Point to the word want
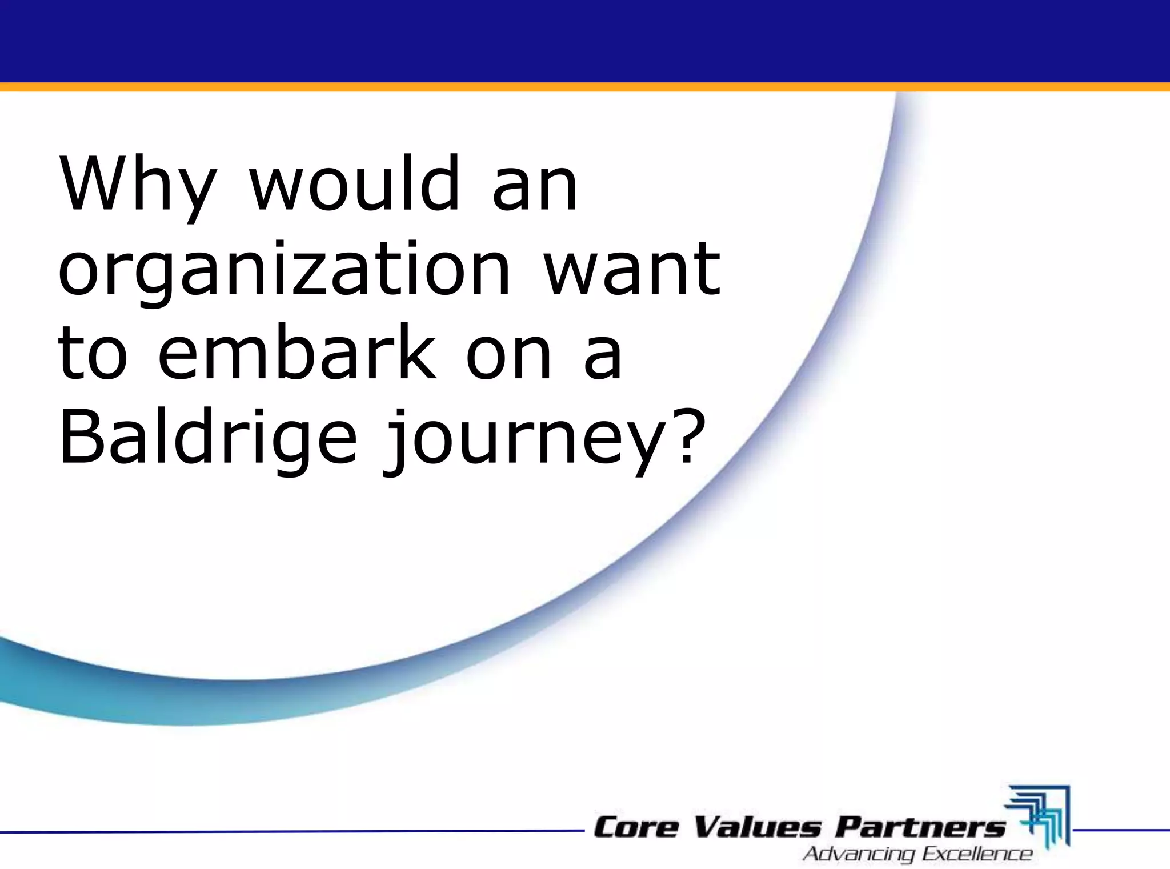(x=631, y=269)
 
